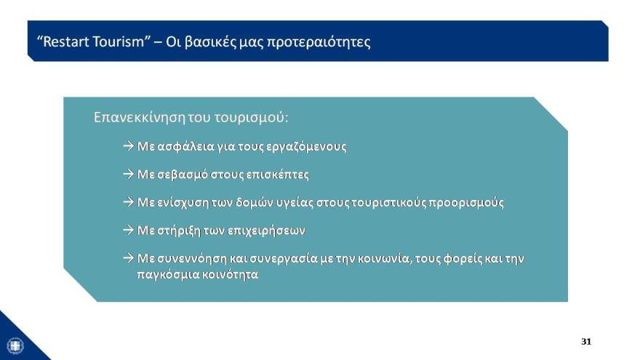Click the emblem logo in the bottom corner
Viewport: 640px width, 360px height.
[x=15, y=345]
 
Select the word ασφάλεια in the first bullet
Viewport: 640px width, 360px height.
[x=187, y=146]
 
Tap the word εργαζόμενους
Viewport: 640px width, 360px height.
[x=305, y=146]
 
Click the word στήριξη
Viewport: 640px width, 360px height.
[x=182, y=231]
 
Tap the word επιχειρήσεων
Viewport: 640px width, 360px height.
[x=268, y=231]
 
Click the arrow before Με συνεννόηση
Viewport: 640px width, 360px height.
[x=129, y=258]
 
